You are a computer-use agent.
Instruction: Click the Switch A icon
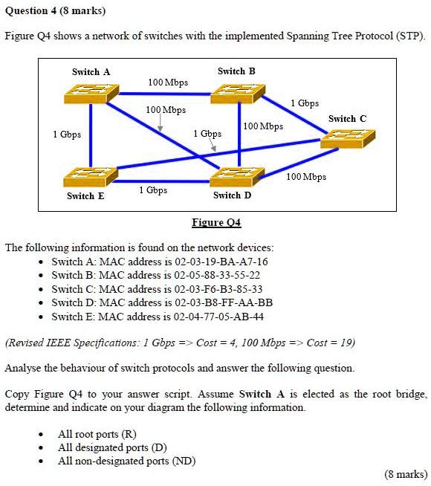click(x=91, y=93)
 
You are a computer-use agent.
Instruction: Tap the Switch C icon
click(x=347, y=138)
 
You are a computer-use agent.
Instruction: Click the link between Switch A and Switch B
click(x=164, y=94)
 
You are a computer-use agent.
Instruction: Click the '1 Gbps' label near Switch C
click(x=305, y=103)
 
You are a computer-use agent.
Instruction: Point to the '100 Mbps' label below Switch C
click(x=306, y=177)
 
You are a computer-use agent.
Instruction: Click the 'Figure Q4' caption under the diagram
click(x=216, y=222)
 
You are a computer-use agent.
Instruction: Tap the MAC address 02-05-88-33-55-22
click(x=216, y=275)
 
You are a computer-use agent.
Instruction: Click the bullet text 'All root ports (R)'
click(x=97, y=433)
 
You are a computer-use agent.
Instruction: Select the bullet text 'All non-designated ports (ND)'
click(x=126, y=461)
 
